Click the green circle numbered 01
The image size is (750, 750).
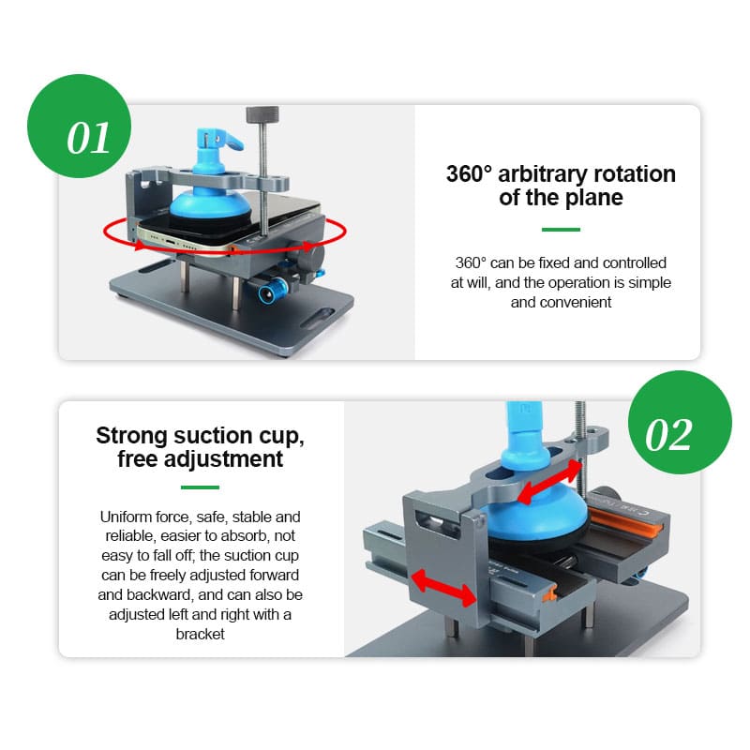point(79,126)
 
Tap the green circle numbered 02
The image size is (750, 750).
point(680,423)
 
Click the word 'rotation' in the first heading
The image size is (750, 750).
point(635,174)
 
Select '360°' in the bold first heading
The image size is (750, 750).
point(469,174)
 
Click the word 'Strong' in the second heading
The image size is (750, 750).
point(131,435)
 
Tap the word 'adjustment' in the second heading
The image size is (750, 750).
point(223,459)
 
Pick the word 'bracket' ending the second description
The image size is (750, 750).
point(200,634)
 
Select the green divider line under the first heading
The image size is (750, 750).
point(561,230)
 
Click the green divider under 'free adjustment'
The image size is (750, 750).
point(200,487)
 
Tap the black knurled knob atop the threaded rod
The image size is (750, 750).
point(262,114)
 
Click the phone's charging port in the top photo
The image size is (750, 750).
point(171,241)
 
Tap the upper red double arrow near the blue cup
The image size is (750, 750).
point(549,483)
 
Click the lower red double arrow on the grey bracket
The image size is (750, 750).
point(443,589)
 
